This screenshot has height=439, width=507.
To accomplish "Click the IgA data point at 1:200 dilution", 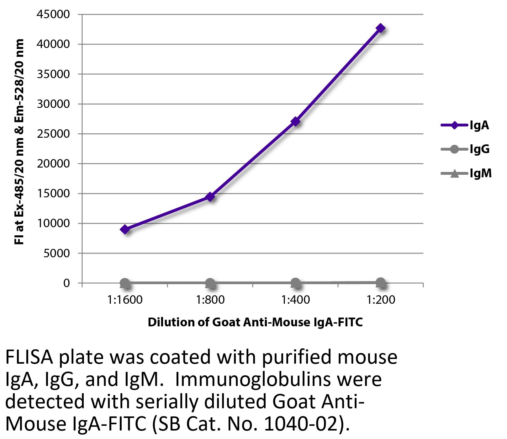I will click(381, 28).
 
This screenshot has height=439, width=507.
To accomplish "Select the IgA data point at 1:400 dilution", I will click(295, 121).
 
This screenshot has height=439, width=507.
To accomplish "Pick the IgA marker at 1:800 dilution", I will click(210, 197).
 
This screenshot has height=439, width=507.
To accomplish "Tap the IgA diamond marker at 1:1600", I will click(125, 229).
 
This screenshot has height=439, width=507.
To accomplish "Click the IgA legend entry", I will click(465, 126).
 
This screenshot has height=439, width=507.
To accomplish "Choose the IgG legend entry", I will click(465, 149).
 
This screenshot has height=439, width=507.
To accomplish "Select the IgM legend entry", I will click(466, 173).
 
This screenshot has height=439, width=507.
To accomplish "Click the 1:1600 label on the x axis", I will click(125, 300).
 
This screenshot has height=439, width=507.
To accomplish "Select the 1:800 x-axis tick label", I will click(210, 300).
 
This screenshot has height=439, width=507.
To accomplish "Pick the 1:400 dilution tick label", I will click(295, 300).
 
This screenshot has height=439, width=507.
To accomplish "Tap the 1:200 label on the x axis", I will click(381, 300).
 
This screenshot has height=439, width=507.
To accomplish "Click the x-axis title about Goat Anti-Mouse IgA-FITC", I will click(255, 322).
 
